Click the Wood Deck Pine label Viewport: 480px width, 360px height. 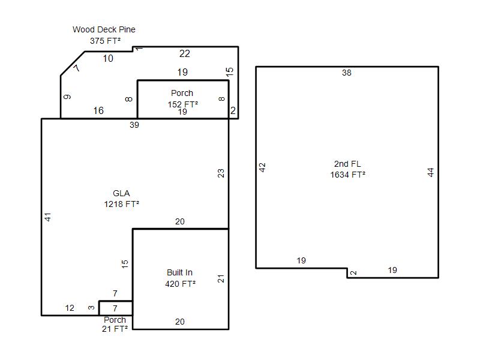click(104, 29)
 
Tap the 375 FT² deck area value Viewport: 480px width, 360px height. click(105, 41)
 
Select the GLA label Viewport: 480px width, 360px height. click(121, 193)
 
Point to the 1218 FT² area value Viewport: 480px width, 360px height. click(122, 204)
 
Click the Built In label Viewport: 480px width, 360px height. click(179, 272)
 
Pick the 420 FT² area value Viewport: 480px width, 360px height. click(181, 284)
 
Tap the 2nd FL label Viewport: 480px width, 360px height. click(347, 164)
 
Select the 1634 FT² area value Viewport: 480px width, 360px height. click(348, 175)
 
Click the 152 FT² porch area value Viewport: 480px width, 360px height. click(183, 104)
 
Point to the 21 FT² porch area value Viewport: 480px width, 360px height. click(115, 329)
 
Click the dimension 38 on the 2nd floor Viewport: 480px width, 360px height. click(347, 73)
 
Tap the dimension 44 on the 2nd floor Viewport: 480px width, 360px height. click(430, 172)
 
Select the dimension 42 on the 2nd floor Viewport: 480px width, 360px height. click(262, 167)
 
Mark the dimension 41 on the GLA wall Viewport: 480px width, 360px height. click(48, 217)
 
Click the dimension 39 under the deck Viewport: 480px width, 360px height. click(134, 125)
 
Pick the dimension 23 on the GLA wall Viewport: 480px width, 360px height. click(221, 173)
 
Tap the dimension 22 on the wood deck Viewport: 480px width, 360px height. click(185, 53)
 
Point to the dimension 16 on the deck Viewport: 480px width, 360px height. click(98, 110)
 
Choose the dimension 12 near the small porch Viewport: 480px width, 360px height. click(70, 308)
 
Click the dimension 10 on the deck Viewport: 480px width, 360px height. click(108, 58)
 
